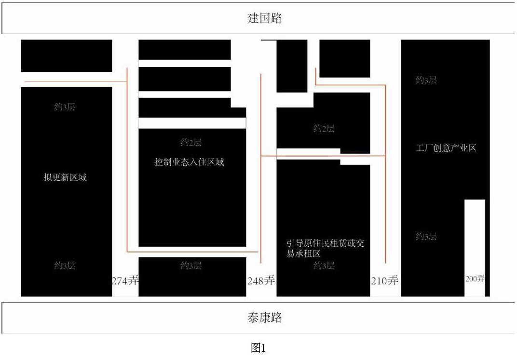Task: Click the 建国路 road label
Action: point(264,19)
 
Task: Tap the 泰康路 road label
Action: point(264,318)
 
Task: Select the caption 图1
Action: point(259,348)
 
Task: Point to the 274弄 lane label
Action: point(125,280)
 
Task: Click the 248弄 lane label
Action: point(261,280)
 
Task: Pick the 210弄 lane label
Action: point(385,280)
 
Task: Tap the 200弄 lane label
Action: point(475,279)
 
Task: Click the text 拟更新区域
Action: point(65,177)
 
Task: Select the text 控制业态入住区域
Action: point(189,162)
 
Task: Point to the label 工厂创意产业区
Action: point(446,148)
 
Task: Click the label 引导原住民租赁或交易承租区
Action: point(325,249)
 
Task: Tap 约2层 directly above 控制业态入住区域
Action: point(191,142)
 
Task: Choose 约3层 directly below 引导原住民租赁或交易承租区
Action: point(324,266)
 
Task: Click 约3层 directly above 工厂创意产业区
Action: point(426,80)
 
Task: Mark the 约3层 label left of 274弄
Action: point(65,266)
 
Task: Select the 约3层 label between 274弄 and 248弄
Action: point(191,266)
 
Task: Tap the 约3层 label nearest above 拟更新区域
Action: point(65,107)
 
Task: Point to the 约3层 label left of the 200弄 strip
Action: point(426,236)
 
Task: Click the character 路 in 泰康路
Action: point(276,318)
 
